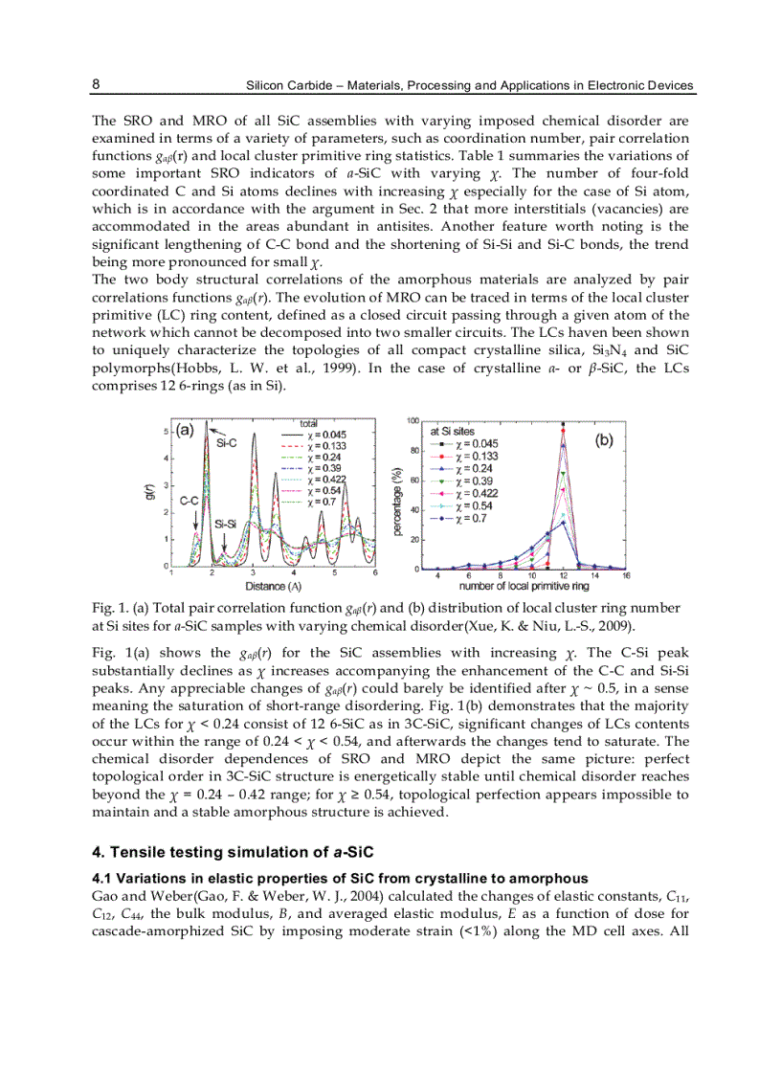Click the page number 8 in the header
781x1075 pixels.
tap(96, 84)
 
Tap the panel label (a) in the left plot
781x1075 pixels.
tap(185, 430)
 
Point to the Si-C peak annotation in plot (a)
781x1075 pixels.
tap(226, 443)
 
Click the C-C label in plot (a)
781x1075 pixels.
tap(190, 500)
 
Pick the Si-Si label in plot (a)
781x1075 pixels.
tap(226, 524)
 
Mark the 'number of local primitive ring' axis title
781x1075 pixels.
tap(523, 585)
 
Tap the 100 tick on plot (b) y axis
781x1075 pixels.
tap(413, 421)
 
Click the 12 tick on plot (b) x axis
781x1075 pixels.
tap(563, 575)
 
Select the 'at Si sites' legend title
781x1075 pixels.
tap(452, 432)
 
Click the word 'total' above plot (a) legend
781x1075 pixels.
tap(309, 422)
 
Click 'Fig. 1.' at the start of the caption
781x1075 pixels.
tap(107, 608)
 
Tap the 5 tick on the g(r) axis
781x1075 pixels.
tap(167, 432)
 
